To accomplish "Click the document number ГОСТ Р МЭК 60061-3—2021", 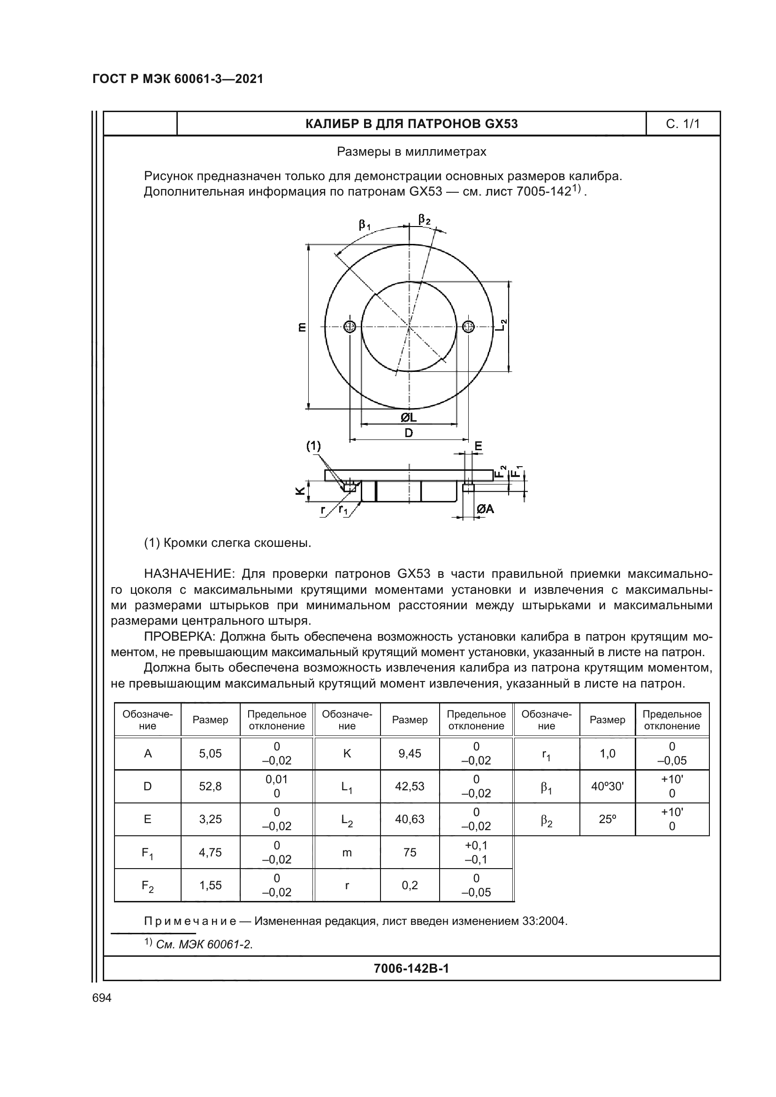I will point(178,79).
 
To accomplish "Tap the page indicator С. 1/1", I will point(682,124).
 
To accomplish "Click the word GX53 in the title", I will point(501,124).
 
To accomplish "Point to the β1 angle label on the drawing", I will point(365,225).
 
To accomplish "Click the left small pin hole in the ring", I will point(350,327).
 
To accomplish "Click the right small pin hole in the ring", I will point(468,327).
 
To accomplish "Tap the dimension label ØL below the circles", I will point(409,417).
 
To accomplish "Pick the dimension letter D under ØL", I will point(409,433).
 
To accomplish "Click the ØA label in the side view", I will point(485,509).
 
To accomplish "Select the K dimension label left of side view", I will point(300,491).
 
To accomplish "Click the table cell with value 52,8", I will point(210,786).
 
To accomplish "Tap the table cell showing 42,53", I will point(410,786).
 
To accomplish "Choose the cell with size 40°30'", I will point(607,786).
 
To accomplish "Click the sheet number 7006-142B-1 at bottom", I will point(411,968).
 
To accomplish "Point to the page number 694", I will point(102,998).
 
